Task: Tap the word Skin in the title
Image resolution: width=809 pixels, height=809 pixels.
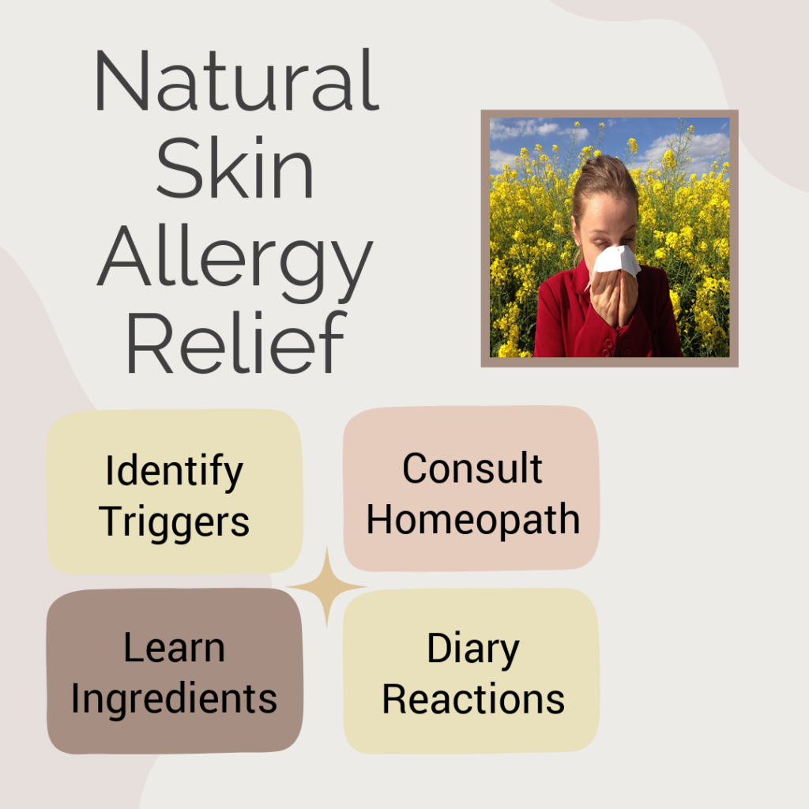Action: [x=235, y=167]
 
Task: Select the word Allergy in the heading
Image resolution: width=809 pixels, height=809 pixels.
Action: [x=235, y=263]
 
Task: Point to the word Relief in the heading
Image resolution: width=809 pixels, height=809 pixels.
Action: [x=235, y=341]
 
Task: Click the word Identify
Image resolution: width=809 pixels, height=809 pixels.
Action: [x=174, y=472]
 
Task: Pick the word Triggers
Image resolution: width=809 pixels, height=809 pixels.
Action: [x=174, y=522]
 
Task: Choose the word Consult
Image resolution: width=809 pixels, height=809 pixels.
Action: [x=472, y=468]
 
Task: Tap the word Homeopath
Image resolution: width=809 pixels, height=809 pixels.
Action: [x=473, y=521]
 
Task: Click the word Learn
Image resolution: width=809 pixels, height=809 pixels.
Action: [x=175, y=647]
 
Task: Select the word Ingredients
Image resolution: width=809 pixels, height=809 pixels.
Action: [x=175, y=700]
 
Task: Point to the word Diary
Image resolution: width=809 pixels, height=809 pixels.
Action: [x=473, y=649]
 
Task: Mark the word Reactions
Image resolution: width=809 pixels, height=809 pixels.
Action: [x=473, y=699]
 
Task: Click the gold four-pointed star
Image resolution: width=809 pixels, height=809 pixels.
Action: [x=326, y=587]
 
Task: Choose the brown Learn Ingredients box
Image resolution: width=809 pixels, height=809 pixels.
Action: [x=175, y=671]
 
